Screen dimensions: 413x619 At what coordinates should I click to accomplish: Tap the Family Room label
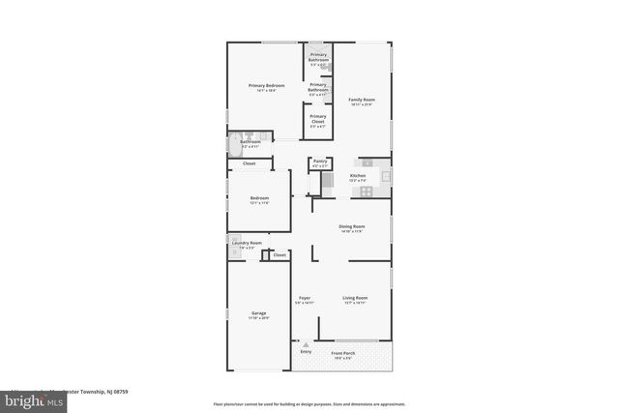tap(362, 101)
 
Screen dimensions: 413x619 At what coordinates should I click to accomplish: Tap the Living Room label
tap(355, 299)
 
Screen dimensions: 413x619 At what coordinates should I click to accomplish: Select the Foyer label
tap(304, 299)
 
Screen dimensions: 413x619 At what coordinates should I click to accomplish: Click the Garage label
tap(259, 314)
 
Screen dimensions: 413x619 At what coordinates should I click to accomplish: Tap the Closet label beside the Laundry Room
tap(280, 255)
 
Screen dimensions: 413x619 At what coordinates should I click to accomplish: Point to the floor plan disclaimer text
tap(309, 403)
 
